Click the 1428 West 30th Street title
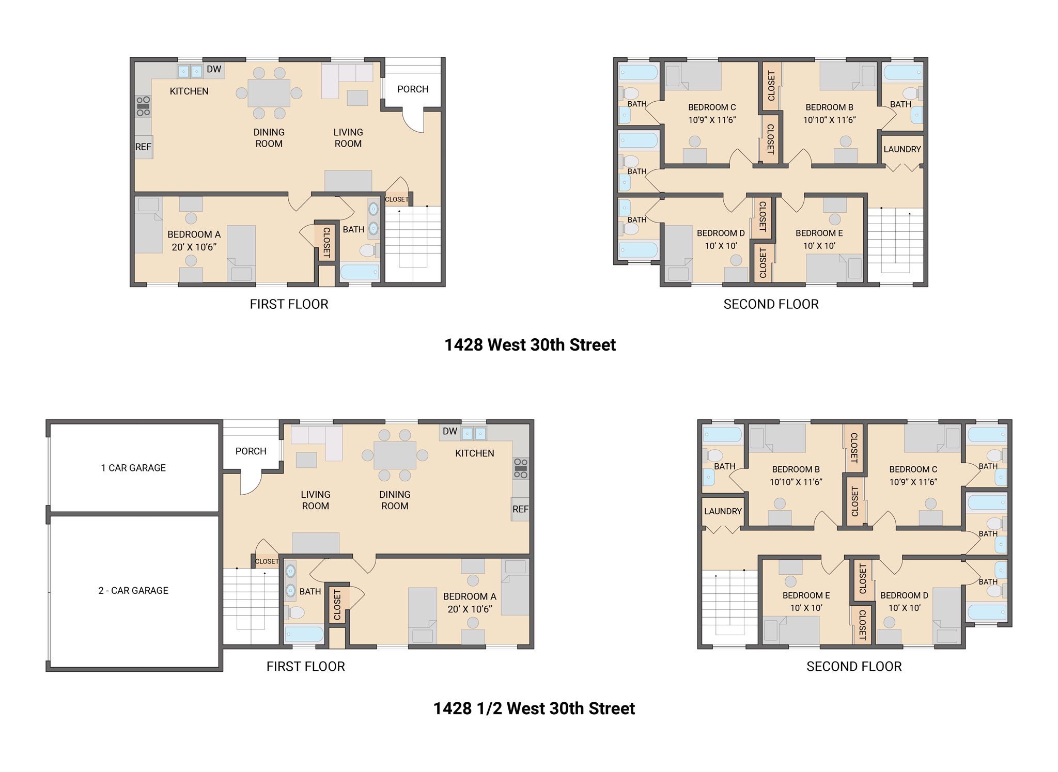[x=530, y=345]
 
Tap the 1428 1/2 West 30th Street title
[x=534, y=708]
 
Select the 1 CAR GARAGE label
[x=133, y=468]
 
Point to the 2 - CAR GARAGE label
[x=133, y=590]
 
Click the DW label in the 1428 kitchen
[x=214, y=69]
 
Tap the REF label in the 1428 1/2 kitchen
[x=520, y=509]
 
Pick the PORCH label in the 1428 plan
[x=413, y=89]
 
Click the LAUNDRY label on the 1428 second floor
[x=902, y=149]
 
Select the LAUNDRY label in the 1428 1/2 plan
[x=723, y=511]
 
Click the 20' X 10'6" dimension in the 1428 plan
[x=194, y=247]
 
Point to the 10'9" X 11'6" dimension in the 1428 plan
[x=712, y=120]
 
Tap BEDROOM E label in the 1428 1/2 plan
[x=806, y=595]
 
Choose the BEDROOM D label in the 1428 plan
[x=721, y=233]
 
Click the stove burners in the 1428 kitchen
[x=143, y=106]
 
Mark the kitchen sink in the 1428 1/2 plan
[x=474, y=433]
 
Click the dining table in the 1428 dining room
[x=269, y=93]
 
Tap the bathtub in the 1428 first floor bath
[x=360, y=272]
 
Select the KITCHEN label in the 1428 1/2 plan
[x=475, y=453]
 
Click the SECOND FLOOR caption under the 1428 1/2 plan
[x=854, y=667]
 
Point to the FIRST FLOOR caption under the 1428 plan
[x=289, y=305]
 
